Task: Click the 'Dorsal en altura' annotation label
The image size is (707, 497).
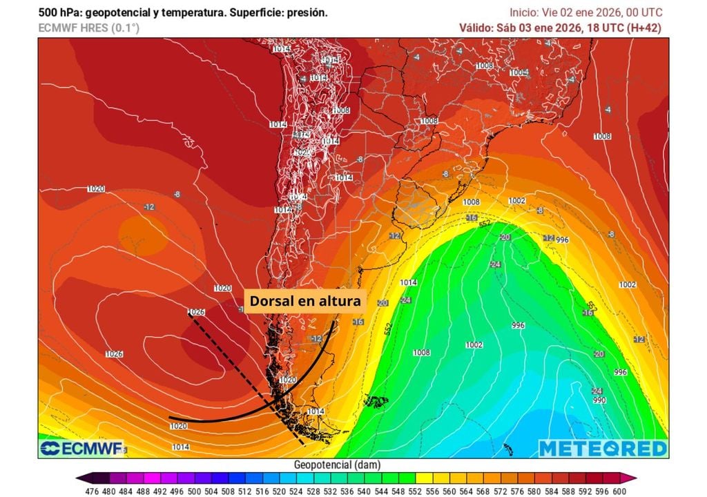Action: [x=304, y=301]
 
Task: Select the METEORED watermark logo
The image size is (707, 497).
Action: [x=603, y=449]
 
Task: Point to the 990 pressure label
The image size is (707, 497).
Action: [x=599, y=400]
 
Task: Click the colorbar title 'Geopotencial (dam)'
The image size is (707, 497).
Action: [x=336, y=465]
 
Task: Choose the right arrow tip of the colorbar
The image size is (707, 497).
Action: [x=632, y=478]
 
